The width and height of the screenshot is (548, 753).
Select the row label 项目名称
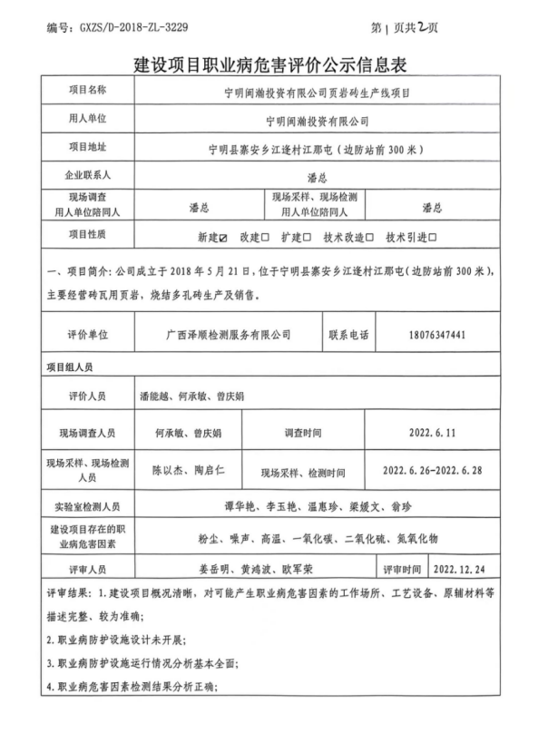pos(88,91)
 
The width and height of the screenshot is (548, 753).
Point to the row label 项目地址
pos(88,147)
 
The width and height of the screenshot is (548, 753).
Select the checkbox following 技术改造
pos(372,237)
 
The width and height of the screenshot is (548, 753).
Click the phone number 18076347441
pos(437,335)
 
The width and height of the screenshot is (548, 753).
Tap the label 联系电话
pos(348,335)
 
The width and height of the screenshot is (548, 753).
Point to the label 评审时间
pos(401,570)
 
